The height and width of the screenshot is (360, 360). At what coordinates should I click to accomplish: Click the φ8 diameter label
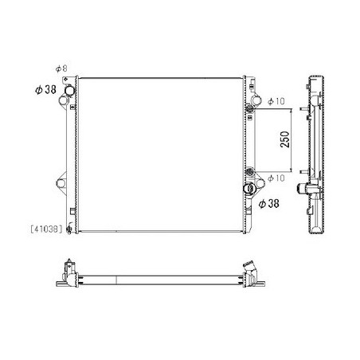point(61,68)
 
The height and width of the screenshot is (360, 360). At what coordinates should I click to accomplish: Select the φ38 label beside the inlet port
point(45,90)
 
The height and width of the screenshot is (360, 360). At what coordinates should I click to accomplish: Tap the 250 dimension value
point(285,139)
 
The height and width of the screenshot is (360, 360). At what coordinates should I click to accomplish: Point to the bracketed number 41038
point(46,229)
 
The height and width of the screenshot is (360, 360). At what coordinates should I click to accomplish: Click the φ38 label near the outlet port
point(268,204)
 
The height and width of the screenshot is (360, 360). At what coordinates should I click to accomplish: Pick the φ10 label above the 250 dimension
point(276,101)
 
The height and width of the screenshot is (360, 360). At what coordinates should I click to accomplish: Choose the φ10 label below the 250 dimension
point(276,178)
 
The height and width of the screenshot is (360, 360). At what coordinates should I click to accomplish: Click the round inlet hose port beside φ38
point(70,90)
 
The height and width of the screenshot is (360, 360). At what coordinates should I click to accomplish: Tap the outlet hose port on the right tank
point(249,188)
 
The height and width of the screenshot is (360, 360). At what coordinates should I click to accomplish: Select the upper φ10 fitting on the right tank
point(249,108)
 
